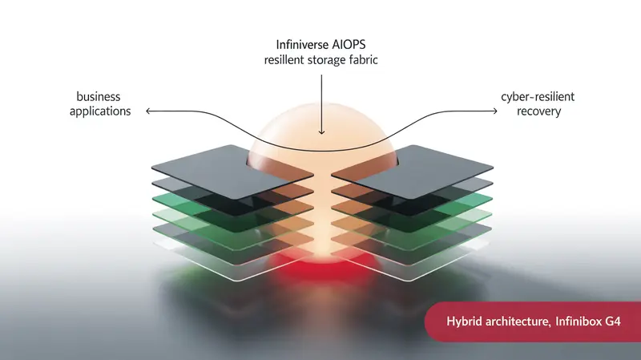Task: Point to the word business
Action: tap(99, 96)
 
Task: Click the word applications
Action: tap(100, 111)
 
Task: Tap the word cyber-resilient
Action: tap(538, 97)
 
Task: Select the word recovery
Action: tap(538, 111)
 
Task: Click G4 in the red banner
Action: tap(612, 322)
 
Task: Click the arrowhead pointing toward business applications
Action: tap(148, 111)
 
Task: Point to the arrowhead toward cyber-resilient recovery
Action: tap(494, 111)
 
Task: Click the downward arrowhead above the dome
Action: tap(321, 131)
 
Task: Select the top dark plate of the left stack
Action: tap(232, 171)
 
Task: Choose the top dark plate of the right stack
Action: tap(412, 171)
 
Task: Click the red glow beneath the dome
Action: tap(323, 268)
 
